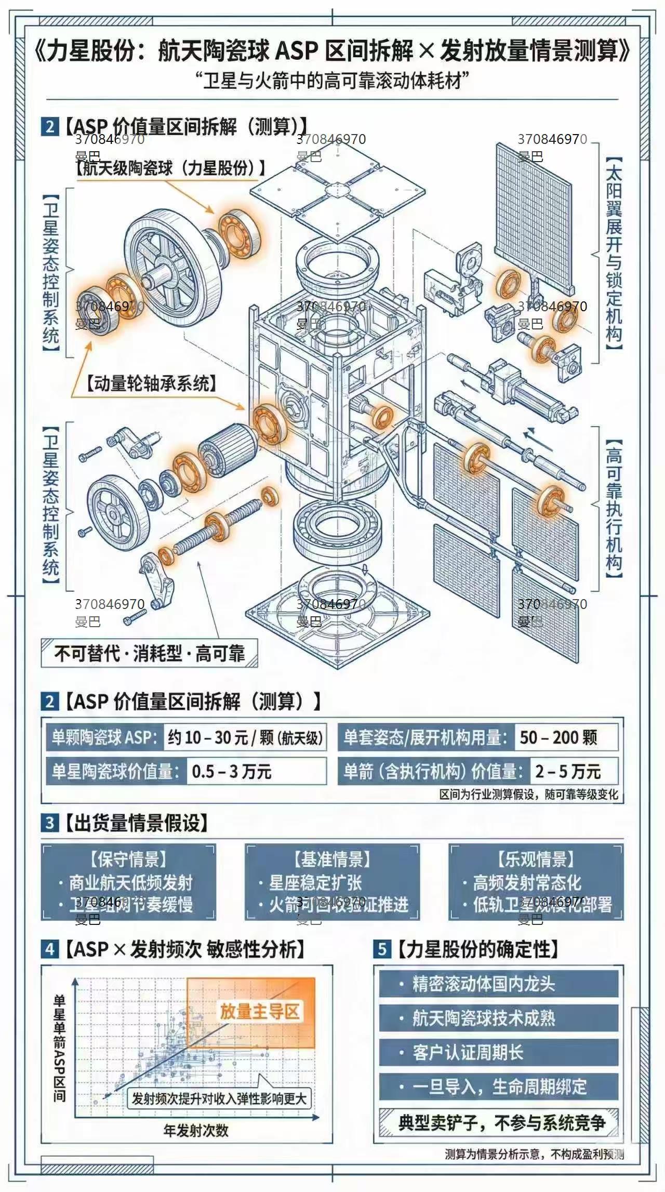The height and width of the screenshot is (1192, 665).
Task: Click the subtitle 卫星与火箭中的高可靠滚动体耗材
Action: point(332,81)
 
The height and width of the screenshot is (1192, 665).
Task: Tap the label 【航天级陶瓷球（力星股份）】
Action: point(171,168)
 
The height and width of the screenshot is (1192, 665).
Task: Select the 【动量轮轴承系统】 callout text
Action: point(151,383)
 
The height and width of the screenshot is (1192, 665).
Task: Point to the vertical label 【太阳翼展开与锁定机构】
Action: point(614,253)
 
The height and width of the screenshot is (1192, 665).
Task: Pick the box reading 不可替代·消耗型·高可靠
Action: point(149,653)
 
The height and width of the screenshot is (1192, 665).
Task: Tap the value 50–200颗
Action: point(558,737)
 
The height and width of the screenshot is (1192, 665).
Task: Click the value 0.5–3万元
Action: point(232,771)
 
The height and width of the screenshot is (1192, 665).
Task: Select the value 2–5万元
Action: point(568,771)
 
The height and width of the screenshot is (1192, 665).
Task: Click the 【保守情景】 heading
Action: point(128,859)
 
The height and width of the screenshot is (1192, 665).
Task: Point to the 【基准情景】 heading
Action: point(332,859)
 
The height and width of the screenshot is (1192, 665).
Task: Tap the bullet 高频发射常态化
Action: point(527,882)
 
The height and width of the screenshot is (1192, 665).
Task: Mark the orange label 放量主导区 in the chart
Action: point(260,1012)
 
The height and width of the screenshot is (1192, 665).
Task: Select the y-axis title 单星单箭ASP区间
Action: point(59,1048)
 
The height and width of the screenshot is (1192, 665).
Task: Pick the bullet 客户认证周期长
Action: point(468,1053)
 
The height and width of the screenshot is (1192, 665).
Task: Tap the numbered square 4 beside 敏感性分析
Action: point(49,949)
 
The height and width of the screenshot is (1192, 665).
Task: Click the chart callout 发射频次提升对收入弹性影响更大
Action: point(219,1099)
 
